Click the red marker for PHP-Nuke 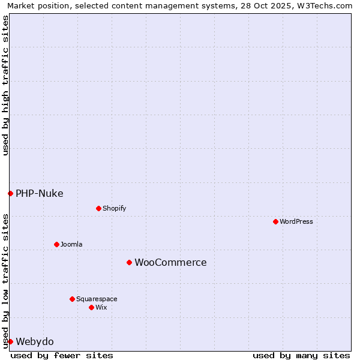coord(10,193)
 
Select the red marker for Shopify coord(98,208)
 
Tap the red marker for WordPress coord(275,221)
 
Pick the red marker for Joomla coord(56,244)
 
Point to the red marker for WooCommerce coord(129,262)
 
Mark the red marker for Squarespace coord(72,299)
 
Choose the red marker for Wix coord(91,307)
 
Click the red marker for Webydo coord(10,341)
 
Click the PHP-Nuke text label coord(39,193)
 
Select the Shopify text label coord(114,208)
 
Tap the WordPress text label coord(296,221)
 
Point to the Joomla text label coord(71,244)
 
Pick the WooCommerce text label coord(170,262)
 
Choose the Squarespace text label coord(97,299)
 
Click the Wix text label coord(101,307)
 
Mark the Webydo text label coord(34,341)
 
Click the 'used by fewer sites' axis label coord(62,355)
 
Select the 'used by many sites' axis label coord(301,355)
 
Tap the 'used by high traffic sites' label coord(5,85)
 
